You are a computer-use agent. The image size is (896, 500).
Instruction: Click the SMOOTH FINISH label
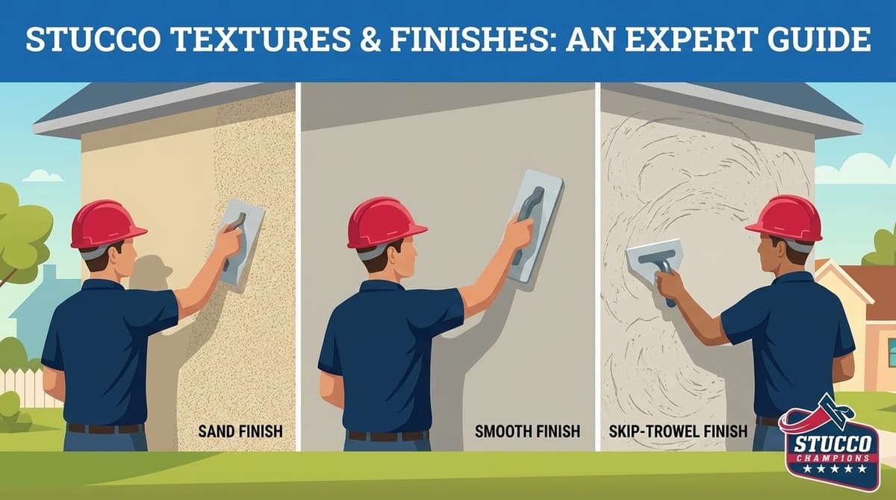coord(527,431)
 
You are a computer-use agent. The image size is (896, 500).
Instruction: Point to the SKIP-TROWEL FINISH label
coord(677,431)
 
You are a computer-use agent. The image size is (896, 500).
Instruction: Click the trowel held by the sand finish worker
coord(243,239)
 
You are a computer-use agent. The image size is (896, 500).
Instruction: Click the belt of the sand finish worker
coord(105,428)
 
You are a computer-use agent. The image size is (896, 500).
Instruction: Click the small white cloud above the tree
coord(43,176)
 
